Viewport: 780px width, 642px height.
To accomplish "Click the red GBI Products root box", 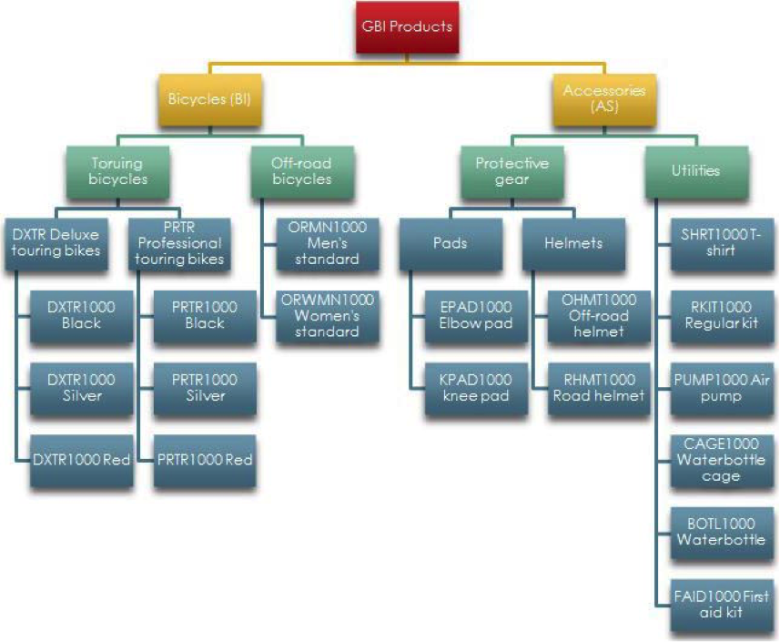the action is click(x=407, y=27).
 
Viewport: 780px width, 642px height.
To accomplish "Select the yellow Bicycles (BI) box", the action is click(x=209, y=99).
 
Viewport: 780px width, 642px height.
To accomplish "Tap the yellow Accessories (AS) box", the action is click(x=604, y=99).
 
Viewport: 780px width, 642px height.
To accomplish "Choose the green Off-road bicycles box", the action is click(x=302, y=172).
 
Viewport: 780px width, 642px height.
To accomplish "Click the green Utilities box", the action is click(x=696, y=172).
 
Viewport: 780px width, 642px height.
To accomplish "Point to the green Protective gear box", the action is click(x=512, y=172).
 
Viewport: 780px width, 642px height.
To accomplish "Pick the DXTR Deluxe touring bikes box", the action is click(x=56, y=244).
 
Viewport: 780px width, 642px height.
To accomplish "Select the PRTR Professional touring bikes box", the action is click(x=179, y=244).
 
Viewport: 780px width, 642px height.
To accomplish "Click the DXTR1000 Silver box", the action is click(x=82, y=389).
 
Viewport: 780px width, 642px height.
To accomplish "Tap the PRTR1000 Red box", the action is click(x=205, y=461).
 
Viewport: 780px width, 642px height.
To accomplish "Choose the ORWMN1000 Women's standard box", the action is click(x=328, y=317).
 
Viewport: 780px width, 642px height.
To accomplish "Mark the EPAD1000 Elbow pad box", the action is click(x=476, y=317).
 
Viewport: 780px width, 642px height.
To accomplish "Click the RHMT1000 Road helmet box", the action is click(x=599, y=389).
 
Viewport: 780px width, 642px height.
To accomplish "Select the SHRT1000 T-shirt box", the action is click(x=722, y=244).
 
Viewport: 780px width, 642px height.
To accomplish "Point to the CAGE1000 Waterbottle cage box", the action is click(x=722, y=461).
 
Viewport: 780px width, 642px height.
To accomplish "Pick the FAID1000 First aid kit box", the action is click(x=722, y=606).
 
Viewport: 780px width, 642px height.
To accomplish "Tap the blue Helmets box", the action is click(x=573, y=244).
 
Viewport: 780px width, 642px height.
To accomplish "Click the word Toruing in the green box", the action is click(x=116, y=164).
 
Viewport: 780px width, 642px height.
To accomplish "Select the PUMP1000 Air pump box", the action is click(x=722, y=389).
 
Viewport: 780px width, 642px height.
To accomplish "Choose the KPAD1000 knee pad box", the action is click(x=476, y=389).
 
